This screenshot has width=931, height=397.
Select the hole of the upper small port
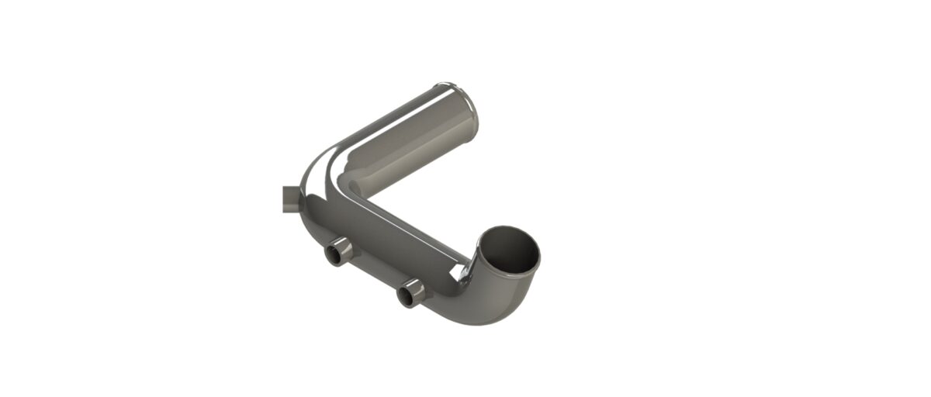pyautogui.click(x=335, y=254)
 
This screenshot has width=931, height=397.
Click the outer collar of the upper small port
pyautogui.click(x=344, y=248)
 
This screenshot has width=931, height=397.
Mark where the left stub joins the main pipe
pyautogui.click(x=300, y=200)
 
